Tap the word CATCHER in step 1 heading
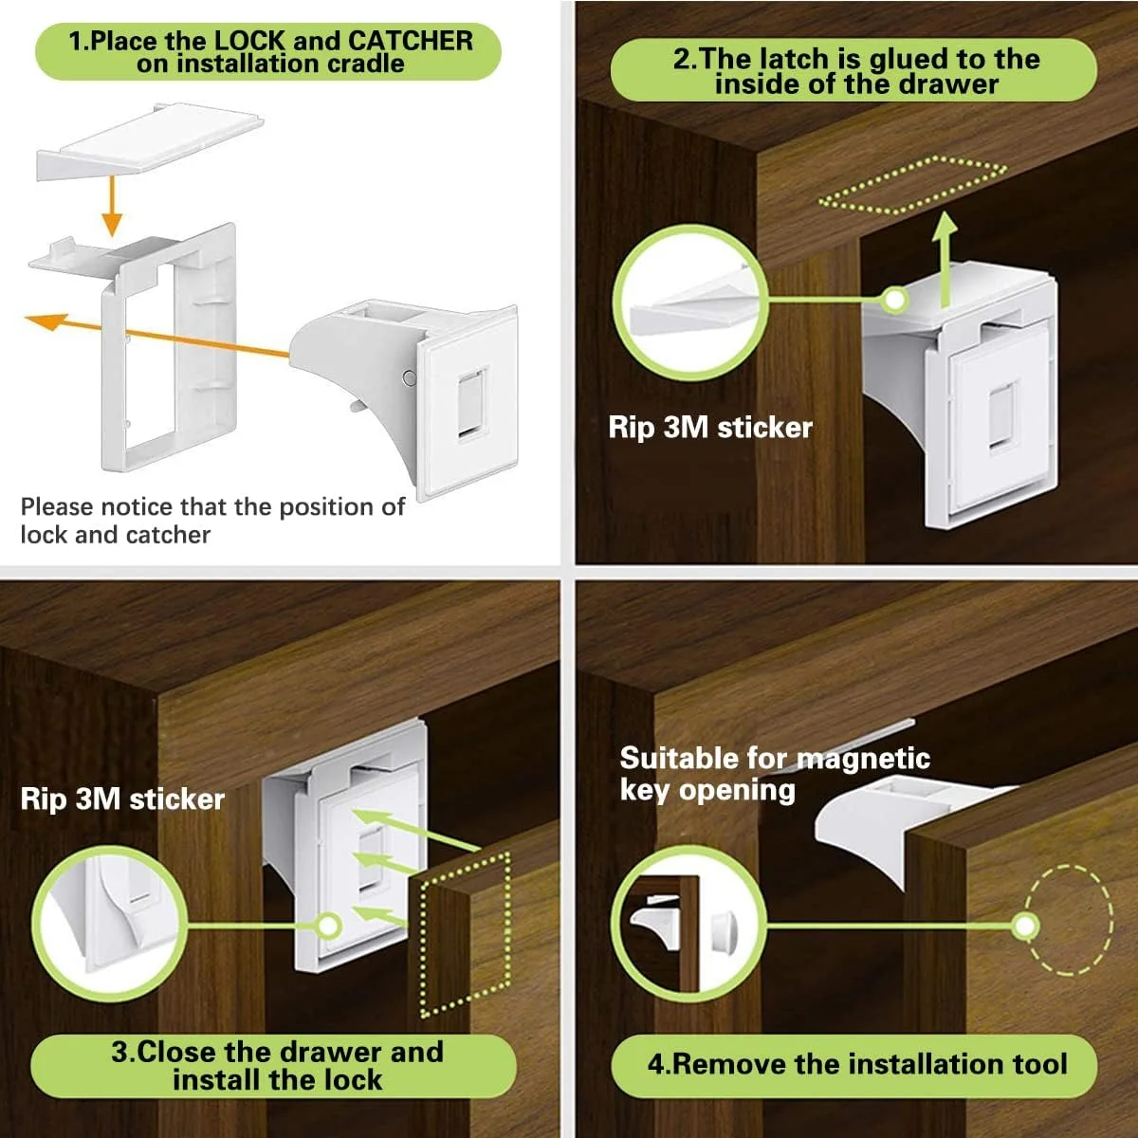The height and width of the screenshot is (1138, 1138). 411,41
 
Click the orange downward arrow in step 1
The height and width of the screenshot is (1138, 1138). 112,206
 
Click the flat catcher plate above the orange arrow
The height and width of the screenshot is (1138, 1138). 150,141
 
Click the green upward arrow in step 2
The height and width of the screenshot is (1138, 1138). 946,259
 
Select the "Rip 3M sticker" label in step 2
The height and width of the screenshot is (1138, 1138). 710,427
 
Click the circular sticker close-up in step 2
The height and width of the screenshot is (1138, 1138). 690,302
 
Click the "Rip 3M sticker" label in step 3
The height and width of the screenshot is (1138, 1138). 122,799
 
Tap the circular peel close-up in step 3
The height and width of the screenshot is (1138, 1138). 109,925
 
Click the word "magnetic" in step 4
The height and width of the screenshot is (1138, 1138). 863,759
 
